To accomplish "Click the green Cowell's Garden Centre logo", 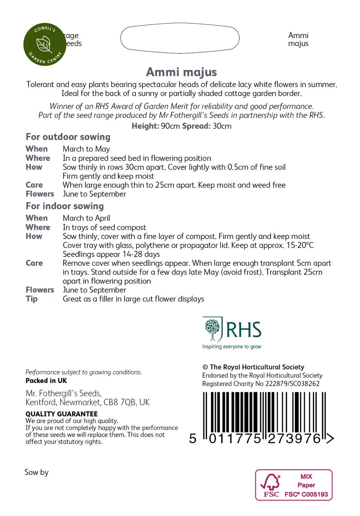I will [45, 44].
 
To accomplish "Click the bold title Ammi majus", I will [181, 72].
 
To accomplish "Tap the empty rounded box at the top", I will [180, 38].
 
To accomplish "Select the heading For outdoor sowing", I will [68, 137].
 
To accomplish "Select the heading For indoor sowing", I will [65, 206].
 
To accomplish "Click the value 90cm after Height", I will [170, 126].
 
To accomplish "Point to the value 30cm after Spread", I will [222, 126].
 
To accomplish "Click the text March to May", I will [86, 149].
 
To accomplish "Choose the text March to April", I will [86, 218].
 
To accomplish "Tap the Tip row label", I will [32, 299].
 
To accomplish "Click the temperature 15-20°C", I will [300, 245].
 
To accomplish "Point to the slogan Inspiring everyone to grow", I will [232, 347].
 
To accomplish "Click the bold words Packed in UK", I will [46, 381].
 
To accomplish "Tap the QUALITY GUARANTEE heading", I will [62, 414].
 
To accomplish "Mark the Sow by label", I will [36, 472].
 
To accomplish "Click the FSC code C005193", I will [315, 494].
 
